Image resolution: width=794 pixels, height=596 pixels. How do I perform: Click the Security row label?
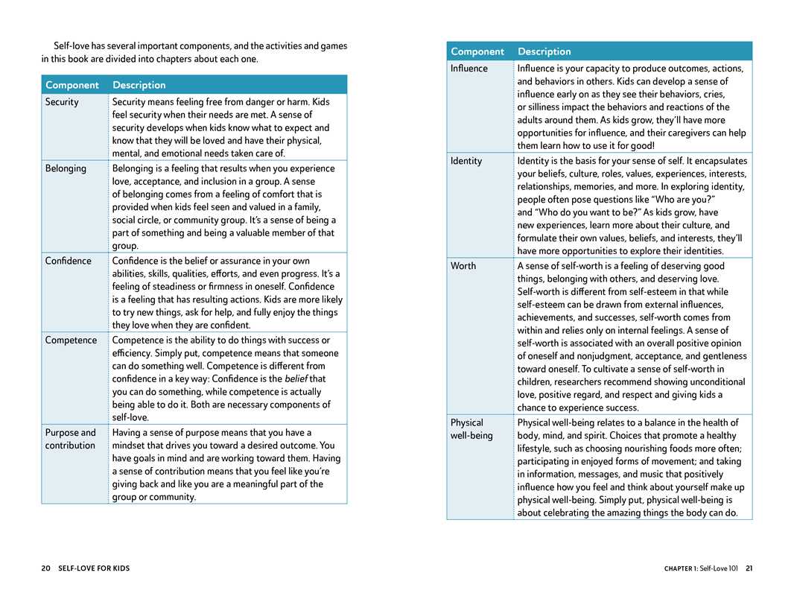coord(62,102)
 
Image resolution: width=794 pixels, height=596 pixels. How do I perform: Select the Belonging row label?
coord(66,168)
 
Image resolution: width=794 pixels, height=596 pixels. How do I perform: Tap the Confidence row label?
coord(68,261)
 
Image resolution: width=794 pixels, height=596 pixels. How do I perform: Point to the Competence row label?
coord(71,340)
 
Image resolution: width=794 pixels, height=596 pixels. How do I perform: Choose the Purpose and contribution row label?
coord(70,440)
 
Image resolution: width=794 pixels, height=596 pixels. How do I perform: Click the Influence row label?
coord(469,69)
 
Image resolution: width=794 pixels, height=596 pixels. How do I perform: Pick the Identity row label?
coord(466,161)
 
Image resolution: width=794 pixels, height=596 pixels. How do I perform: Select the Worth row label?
coord(463,266)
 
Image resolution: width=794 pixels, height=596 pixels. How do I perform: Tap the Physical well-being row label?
coord(471,429)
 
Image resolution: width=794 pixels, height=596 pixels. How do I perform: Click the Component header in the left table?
coord(72,85)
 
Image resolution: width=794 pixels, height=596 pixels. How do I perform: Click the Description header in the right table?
coord(544,51)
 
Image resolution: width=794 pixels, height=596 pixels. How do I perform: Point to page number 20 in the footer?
coord(45,568)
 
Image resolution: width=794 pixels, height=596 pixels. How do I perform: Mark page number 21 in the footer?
coord(749,568)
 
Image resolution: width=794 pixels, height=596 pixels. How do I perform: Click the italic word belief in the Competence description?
coord(296,379)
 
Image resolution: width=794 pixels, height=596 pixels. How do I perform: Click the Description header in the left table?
coord(139,85)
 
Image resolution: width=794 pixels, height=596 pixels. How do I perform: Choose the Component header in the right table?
coord(477,51)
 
